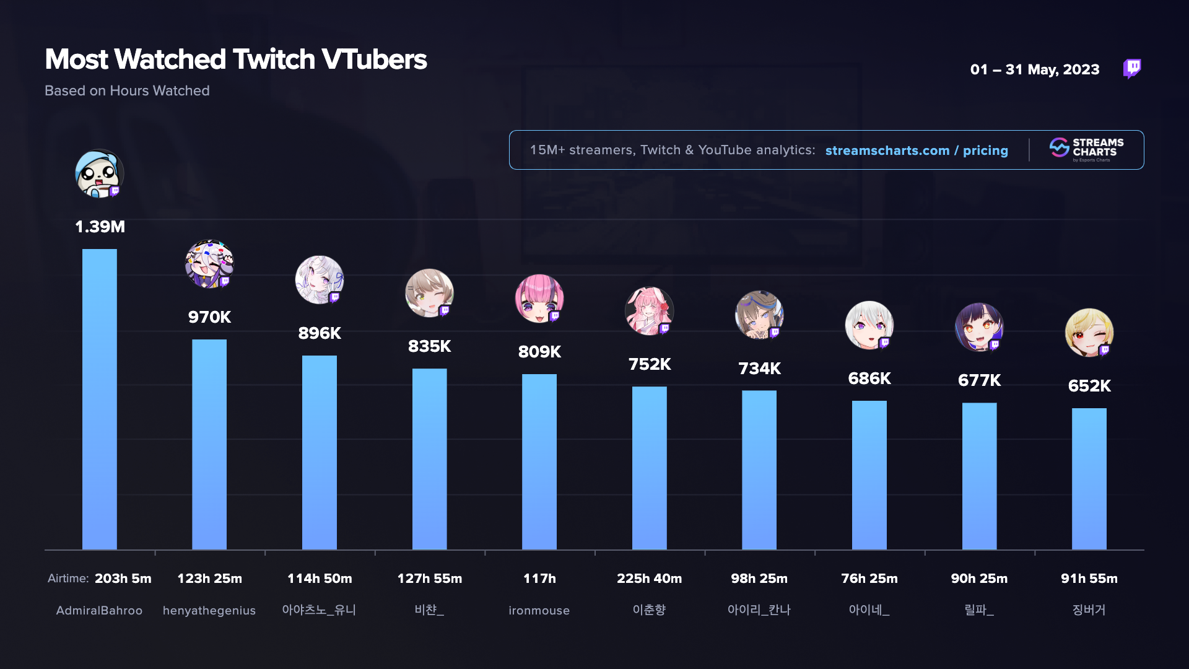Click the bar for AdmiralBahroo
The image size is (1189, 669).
click(x=99, y=400)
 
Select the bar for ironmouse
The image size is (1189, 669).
click(x=539, y=461)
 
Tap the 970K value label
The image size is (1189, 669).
click(x=209, y=317)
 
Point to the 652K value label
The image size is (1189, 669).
click(x=1089, y=386)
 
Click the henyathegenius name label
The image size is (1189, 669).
click(x=209, y=610)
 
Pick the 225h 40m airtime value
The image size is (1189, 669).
click(x=649, y=579)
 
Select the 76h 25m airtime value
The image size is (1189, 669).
click(x=869, y=579)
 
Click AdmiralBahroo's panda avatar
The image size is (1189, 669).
click(x=99, y=174)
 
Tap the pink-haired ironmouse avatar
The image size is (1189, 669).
click(x=539, y=299)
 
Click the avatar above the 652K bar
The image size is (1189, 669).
click(x=1089, y=333)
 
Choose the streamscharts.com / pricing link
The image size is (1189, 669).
click(x=917, y=151)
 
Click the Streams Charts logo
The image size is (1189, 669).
click(x=1087, y=150)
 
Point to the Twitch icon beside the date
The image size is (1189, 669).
click(x=1132, y=68)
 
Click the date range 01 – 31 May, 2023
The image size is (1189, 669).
click(x=1035, y=69)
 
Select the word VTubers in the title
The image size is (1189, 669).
click(x=374, y=59)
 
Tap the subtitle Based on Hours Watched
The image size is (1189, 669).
click(x=127, y=90)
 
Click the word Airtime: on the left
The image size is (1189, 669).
click(x=68, y=579)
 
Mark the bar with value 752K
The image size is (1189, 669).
click(x=649, y=468)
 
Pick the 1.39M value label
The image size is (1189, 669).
click(x=100, y=227)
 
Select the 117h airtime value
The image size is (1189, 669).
click(x=539, y=579)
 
